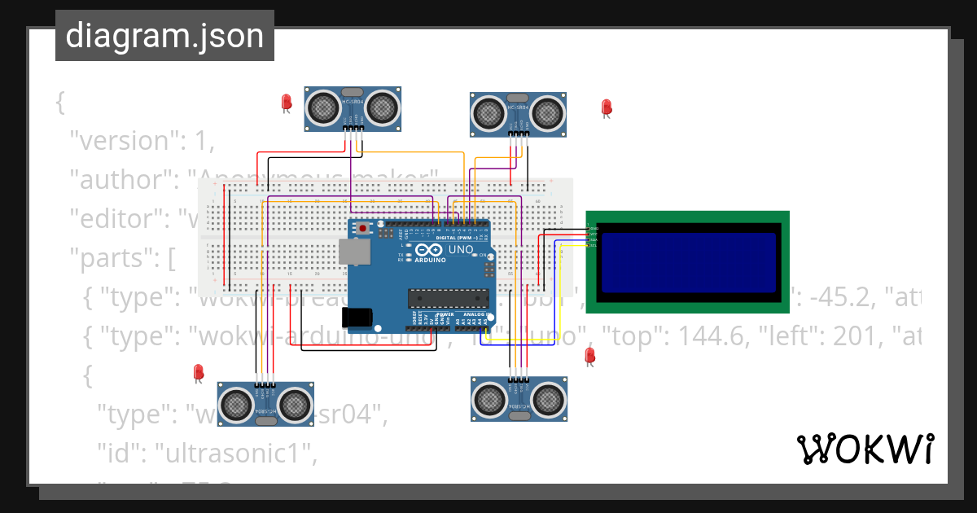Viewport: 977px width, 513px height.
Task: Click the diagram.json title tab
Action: coord(164,36)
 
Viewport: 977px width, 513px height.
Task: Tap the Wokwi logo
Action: coord(865,449)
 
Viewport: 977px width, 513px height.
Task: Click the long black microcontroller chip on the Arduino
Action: coord(449,299)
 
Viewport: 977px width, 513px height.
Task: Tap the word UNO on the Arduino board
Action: coord(461,248)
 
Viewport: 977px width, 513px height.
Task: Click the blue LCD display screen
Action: coord(689,262)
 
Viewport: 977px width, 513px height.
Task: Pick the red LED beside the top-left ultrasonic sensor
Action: coord(286,102)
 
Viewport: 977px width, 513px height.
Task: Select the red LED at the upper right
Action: coord(606,107)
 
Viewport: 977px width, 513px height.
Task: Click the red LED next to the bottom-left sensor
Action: coord(198,372)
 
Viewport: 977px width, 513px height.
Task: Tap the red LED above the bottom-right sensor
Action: coord(590,355)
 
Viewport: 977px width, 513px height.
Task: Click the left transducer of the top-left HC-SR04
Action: coord(324,106)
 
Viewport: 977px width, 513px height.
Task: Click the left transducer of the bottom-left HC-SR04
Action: coord(237,401)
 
